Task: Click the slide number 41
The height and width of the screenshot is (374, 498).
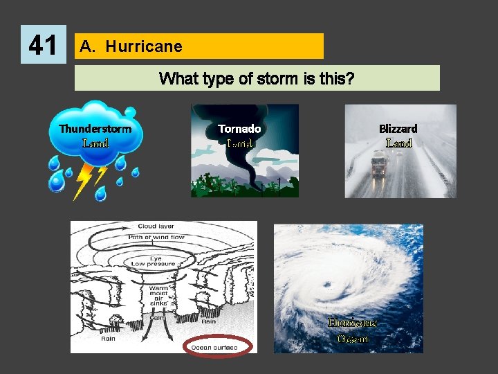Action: (x=43, y=45)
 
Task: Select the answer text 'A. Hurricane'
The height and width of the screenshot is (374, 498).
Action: (x=131, y=46)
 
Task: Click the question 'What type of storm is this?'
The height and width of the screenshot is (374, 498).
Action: (x=257, y=78)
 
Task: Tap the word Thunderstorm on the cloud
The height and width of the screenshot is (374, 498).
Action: (x=95, y=129)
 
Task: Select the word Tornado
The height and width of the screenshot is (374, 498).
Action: (x=239, y=129)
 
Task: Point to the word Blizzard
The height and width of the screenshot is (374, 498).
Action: (x=398, y=129)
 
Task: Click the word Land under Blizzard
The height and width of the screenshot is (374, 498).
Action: (x=398, y=143)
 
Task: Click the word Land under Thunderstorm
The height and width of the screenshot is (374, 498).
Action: (x=95, y=143)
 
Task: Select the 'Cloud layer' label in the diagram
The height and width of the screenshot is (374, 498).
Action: (x=156, y=226)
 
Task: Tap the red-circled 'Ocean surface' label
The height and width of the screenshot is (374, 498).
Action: (x=219, y=347)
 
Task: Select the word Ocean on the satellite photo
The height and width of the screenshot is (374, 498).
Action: (x=353, y=339)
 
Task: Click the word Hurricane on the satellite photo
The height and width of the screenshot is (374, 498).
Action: (x=353, y=323)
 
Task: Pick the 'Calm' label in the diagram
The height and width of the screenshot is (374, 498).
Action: (x=158, y=319)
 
